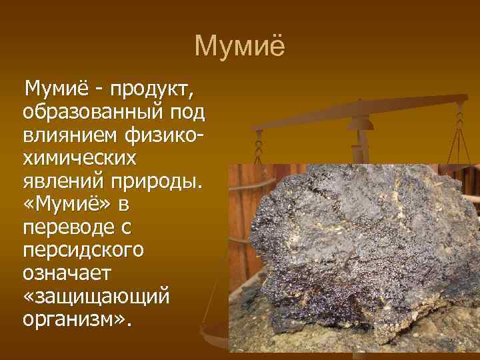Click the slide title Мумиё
pos(239,47)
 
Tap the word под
pos(189,110)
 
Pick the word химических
pos(79,158)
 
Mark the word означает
pos(63,273)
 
